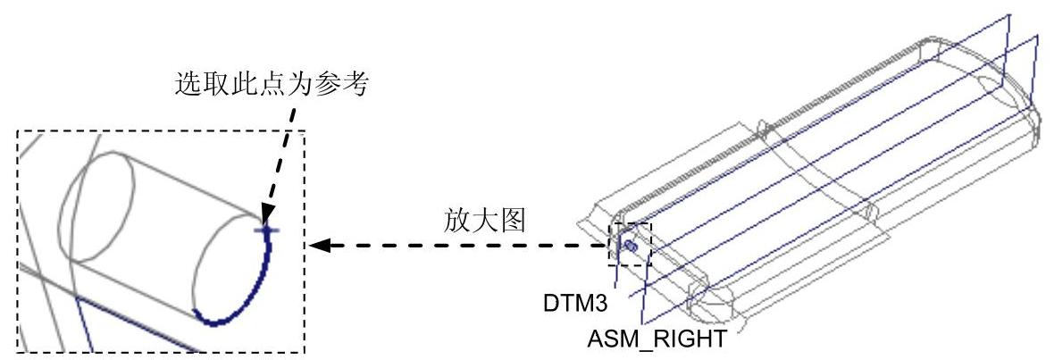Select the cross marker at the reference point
point(265,230)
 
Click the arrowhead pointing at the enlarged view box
point(317,244)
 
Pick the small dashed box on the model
point(631,244)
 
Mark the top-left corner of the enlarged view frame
point(19,130)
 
